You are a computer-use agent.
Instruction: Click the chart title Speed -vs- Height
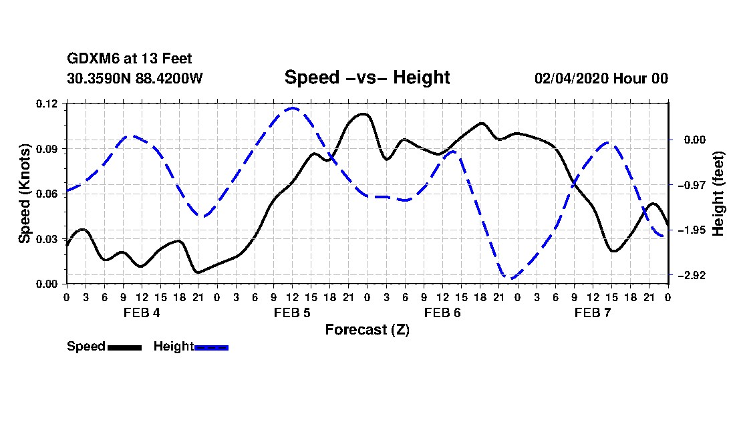click(367, 77)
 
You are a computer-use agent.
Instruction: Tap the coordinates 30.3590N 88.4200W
click(135, 78)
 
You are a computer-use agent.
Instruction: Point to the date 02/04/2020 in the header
click(571, 78)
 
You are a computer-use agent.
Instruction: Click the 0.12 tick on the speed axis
click(47, 103)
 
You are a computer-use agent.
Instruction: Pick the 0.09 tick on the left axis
click(47, 149)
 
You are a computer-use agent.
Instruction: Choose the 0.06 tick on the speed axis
click(47, 194)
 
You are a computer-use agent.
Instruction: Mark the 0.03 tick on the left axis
click(47, 239)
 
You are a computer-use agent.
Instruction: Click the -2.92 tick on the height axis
click(691, 275)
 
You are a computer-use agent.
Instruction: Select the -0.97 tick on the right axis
click(691, 185)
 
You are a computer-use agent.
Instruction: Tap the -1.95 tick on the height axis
click(691, 230)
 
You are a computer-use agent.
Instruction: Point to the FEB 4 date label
click(142, 312)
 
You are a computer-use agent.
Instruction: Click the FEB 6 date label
click(442, 312)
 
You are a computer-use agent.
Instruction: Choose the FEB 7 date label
click(593, 312)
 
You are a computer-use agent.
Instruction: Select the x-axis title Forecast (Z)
click(367, 330)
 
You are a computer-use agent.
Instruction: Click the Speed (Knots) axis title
click(25, 194)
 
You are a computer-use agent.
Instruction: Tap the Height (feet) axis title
click(718, 194)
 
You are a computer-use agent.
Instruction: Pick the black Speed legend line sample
click(125, 347)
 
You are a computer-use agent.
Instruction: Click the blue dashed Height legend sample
click(211, 347)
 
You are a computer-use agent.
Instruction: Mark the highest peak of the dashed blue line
click(293, 108)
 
